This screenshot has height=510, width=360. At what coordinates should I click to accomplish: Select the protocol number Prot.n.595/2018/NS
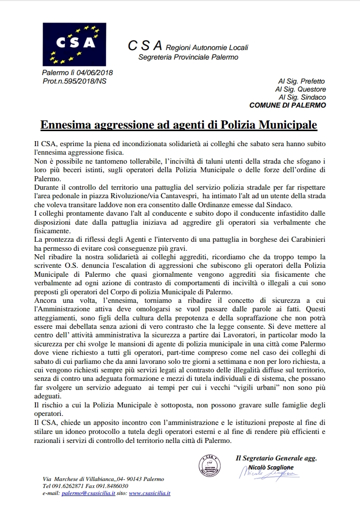[x=74, y=81]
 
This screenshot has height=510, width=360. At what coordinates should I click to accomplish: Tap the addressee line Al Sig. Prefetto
[x=301, y=81]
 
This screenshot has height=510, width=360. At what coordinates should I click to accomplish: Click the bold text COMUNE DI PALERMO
[x=287, y=105]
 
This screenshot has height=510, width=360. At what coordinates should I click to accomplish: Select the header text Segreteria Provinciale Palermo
[x=188, y=58]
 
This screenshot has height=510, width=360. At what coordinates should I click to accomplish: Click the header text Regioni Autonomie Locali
[x=207, y=48]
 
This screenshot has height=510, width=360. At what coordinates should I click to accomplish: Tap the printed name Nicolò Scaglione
[x=272, y=467]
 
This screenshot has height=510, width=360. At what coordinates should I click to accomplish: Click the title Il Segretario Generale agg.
[x=276, y=457]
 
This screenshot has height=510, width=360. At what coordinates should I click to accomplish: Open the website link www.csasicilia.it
[x=149, y=493]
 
